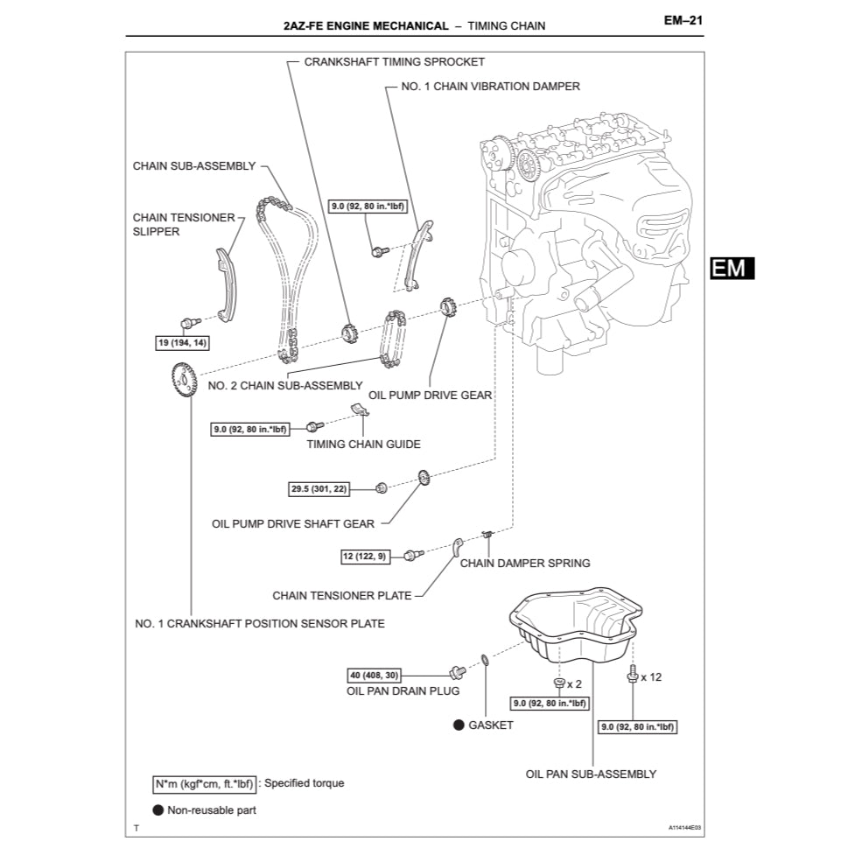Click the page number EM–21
coord(683,23)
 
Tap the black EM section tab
coord(731,268)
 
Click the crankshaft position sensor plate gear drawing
coord(183,381)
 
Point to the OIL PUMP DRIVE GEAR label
coord(430,396)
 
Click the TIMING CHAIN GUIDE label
coord(363,444)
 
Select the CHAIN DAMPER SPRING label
coord(525,563)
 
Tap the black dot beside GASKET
coord(458,725)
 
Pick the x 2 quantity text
coord(574,683)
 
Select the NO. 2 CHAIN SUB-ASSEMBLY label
coord(285,385)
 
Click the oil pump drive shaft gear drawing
coord(422,479)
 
